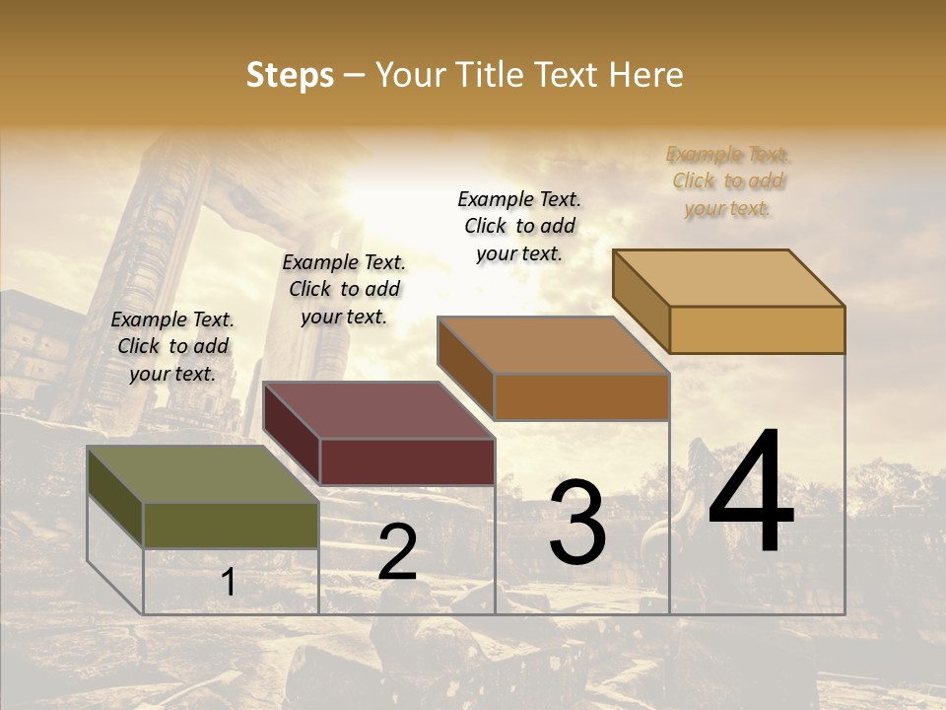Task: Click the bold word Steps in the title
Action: [x=290, y=75]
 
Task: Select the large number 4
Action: [x=751, y=493]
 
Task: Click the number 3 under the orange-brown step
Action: [x=577, y=523]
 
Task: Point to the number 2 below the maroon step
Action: [x=397, y=553]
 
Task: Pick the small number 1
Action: [x=228, y=583]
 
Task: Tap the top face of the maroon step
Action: [x=378, y=410]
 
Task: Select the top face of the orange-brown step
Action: [x=553, y=345]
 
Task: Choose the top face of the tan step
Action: [x=728, y=278]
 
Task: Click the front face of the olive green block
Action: [x=231, y=526]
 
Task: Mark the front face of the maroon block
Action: [x=407, y=461]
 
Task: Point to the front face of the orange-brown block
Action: [x=581, y=396]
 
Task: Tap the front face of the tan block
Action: [x=757, y=329]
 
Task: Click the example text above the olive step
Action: [x=172, y=346]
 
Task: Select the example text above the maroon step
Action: [x=344, y=289]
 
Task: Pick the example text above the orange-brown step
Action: [x=519, y=226]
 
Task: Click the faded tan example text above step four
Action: [x=728, y=181]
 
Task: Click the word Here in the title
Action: [x=646, y=75]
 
